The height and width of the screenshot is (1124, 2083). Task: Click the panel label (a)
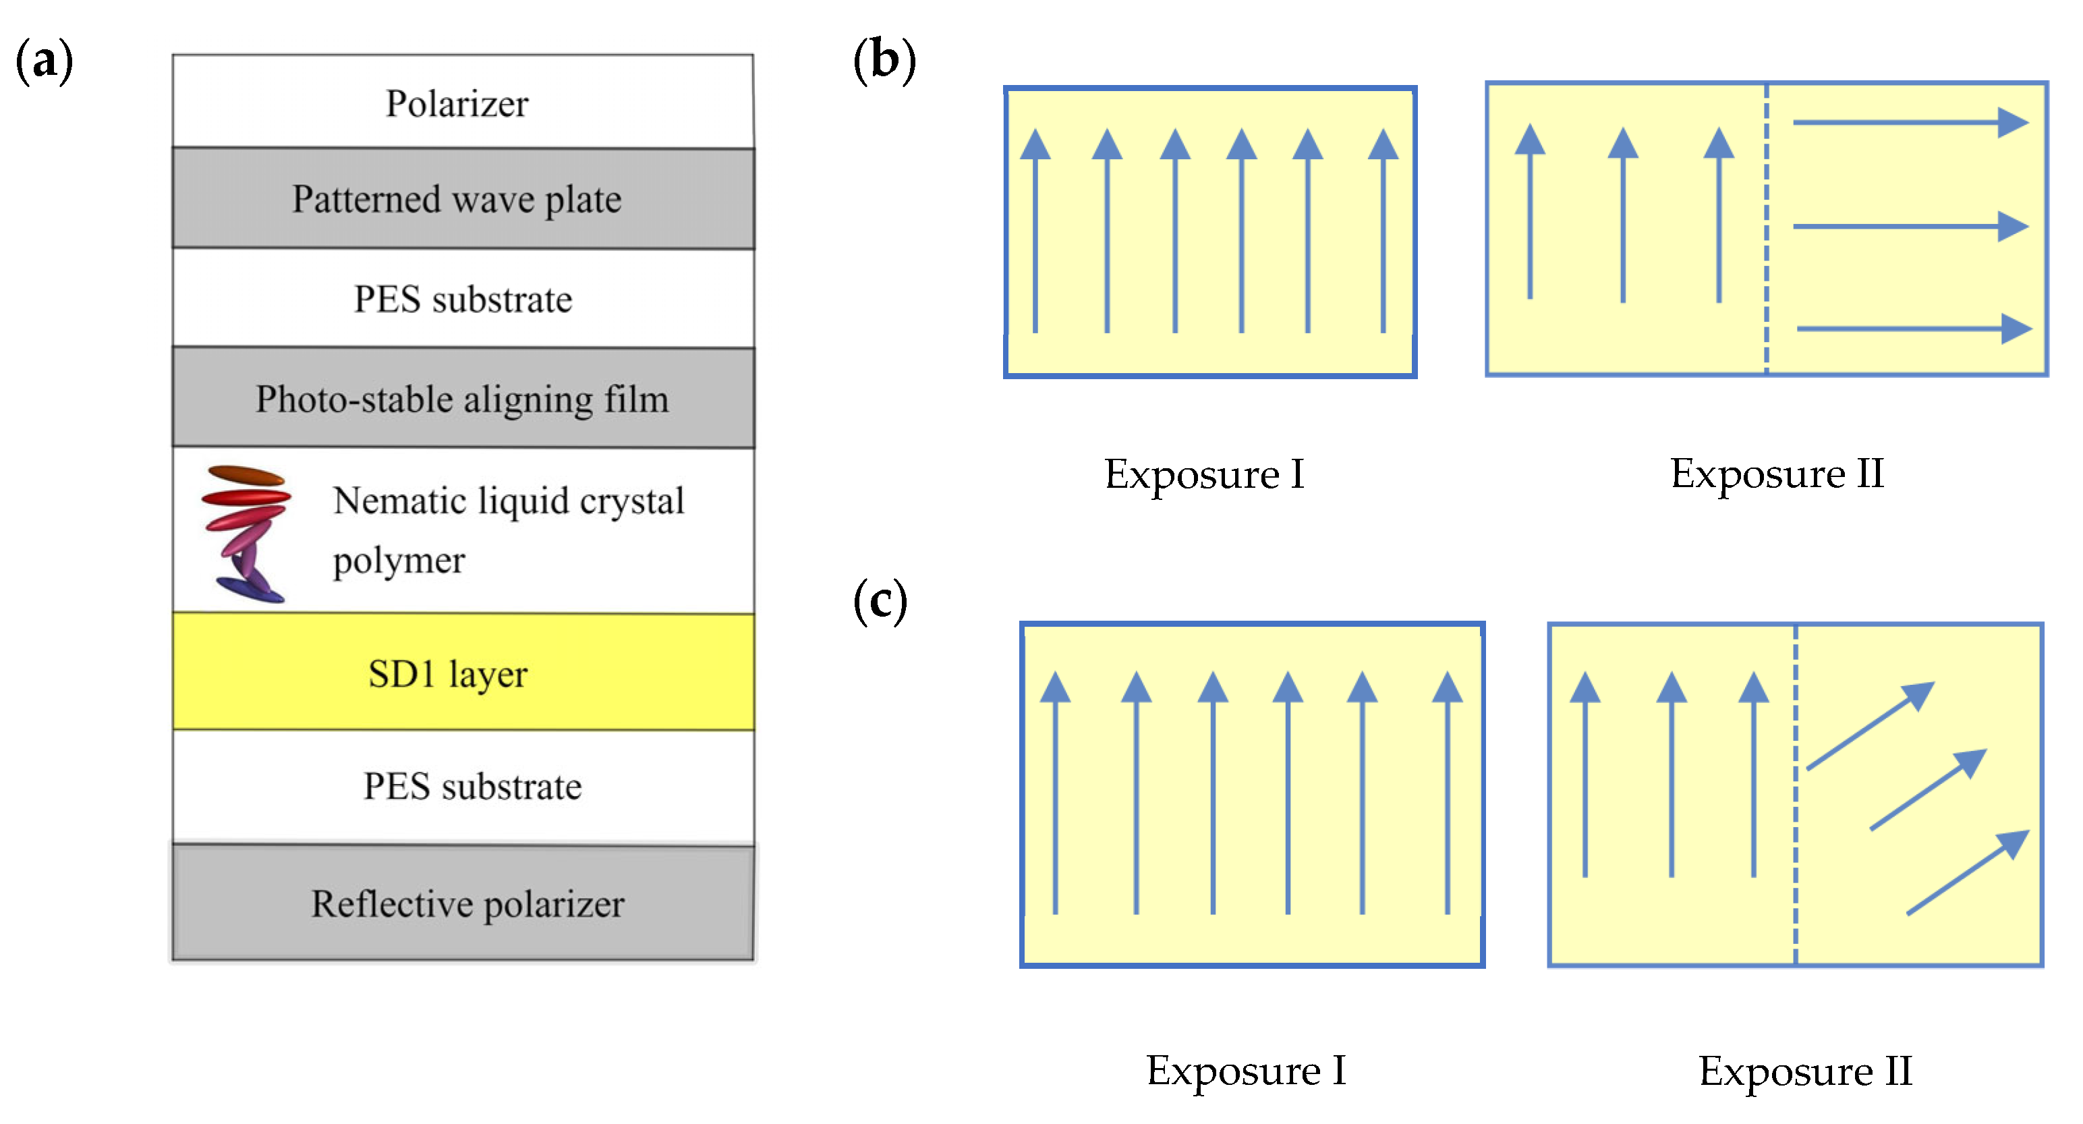[x=45, y=61]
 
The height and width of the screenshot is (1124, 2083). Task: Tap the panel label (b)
[x=884, y=61]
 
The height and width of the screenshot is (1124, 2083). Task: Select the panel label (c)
[x=880, y=601]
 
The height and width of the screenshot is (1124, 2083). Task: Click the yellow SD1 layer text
[x=447, y=673]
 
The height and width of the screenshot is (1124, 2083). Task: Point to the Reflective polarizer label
[x=467, y=903]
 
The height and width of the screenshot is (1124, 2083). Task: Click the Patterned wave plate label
[x=457, y=199]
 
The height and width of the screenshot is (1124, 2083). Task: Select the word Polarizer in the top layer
[x=457, y=103]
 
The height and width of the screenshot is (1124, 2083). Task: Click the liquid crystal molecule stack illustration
[x=246, y=533]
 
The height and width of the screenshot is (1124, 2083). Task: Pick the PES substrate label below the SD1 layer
[x=472, y=786]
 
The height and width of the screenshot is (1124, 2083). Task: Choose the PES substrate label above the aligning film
[x=463, y=299]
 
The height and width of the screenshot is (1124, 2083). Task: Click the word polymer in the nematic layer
[x=399, y=561]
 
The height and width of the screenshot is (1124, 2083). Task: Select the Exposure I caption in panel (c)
[x=1246, y=1071]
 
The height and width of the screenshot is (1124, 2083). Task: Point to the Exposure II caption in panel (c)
[x=1805, y=1071]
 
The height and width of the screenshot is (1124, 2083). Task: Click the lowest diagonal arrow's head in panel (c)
[x=2014, y=843]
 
